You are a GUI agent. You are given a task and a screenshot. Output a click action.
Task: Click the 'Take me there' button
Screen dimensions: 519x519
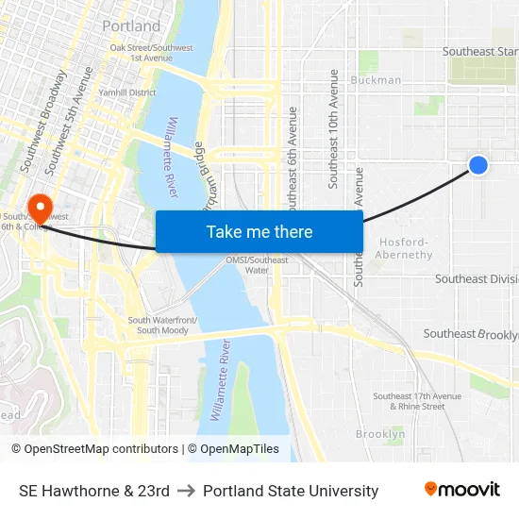pyautogui.click(x=259, y=231)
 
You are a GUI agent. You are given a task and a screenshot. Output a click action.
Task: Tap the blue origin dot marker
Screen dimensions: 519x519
pyautogui.click(x=478, y=165)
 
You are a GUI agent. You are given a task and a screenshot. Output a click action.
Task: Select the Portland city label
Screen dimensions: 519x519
pyautogui.click(x=131, y=25)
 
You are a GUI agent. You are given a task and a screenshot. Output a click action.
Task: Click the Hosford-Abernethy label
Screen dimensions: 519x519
pyautogui.click(x=405, y=248)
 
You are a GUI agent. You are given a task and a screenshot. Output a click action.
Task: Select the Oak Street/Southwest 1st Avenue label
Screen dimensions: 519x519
pyautogui.click(x=151, y=52)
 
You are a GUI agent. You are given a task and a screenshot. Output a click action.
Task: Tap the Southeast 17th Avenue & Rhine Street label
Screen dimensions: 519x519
pyautogui.click(x=409, y=401)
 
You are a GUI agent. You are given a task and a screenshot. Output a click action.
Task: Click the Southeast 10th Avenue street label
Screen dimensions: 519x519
pyautogui.click(x=333, y=115)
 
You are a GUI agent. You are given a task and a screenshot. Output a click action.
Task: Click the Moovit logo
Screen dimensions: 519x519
pyautogui.click(x=461, y=490)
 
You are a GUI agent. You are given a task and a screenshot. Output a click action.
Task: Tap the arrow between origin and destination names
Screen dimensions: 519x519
pyautogui.click(x=186, y=491)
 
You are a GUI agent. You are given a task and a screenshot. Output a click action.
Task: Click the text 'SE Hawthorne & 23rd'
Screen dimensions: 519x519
pyautogui.click(x=94, y=491)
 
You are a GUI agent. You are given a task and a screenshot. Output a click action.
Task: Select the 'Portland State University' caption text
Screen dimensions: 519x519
pyautogui.click(x=291, y=491)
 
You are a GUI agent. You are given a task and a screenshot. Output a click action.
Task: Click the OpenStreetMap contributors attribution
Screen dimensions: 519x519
pyautogui.click(x=95, y=449)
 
